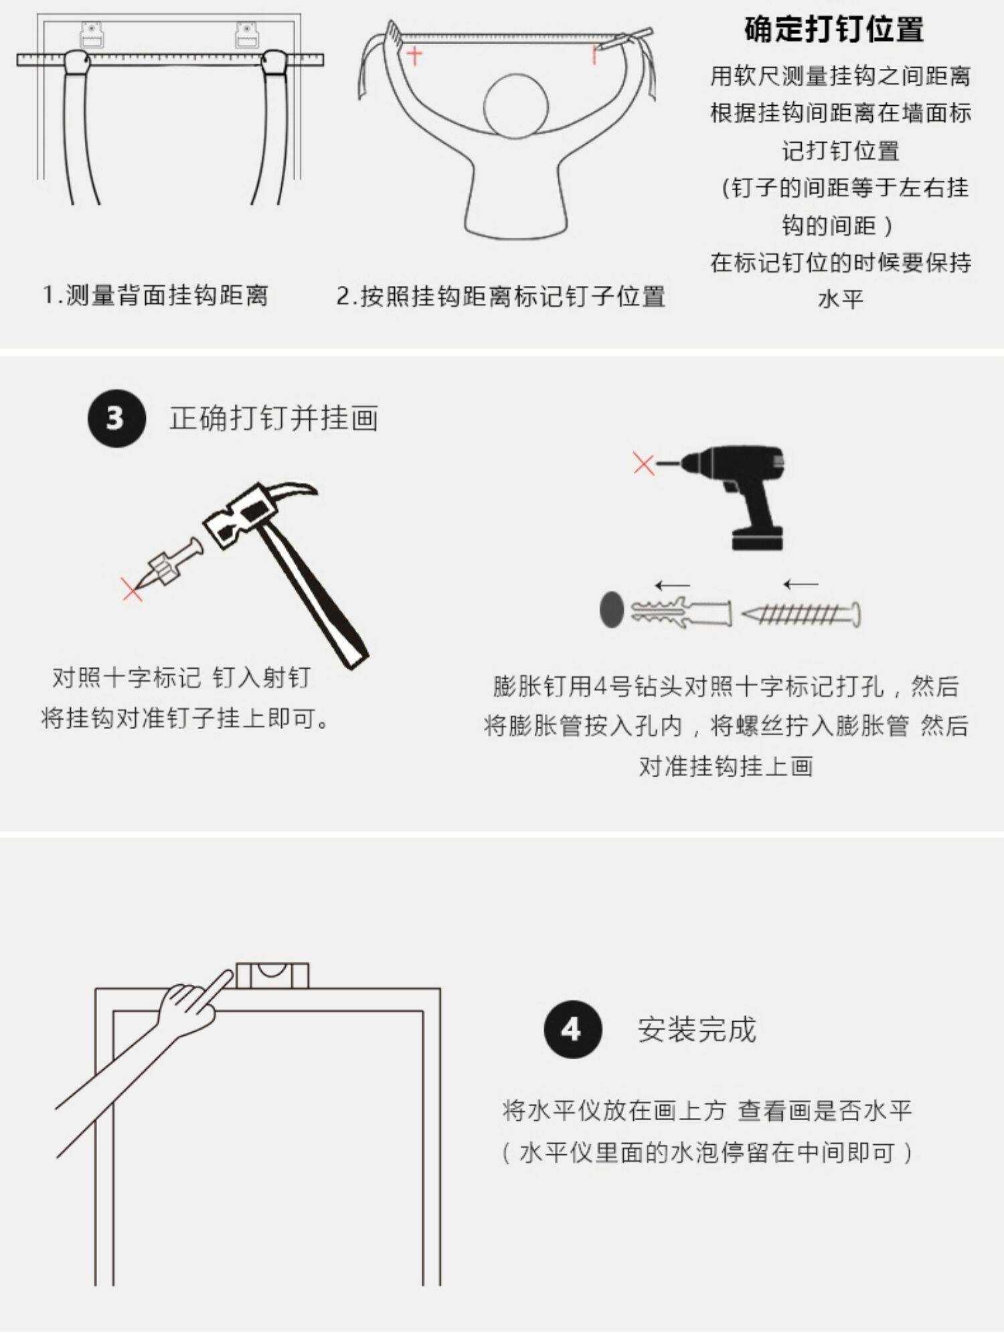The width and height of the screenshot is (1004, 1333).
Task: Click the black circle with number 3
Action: point(116,418)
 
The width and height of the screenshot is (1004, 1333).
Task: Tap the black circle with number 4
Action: point(572,1029)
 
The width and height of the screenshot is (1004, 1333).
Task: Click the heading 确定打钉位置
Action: point(834,29)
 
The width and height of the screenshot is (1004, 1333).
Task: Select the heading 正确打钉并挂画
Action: point(274,418)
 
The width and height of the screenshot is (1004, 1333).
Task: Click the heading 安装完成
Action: point(697,1030)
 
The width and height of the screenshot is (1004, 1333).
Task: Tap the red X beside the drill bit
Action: point(643,463)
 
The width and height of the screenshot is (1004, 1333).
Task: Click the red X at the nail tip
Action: point(133,589)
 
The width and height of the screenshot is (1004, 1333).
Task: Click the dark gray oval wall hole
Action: point(611,609)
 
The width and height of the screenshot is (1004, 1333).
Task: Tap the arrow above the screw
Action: point(801,584)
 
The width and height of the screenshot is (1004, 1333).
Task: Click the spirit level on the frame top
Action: point(272,976)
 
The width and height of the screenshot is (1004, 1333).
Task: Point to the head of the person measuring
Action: point(516,106)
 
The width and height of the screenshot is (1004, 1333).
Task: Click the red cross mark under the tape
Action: point(414,56)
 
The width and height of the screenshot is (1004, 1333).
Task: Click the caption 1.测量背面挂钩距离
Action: point(156,295)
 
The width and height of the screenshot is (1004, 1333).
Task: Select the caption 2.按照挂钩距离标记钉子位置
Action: point(501,296)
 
